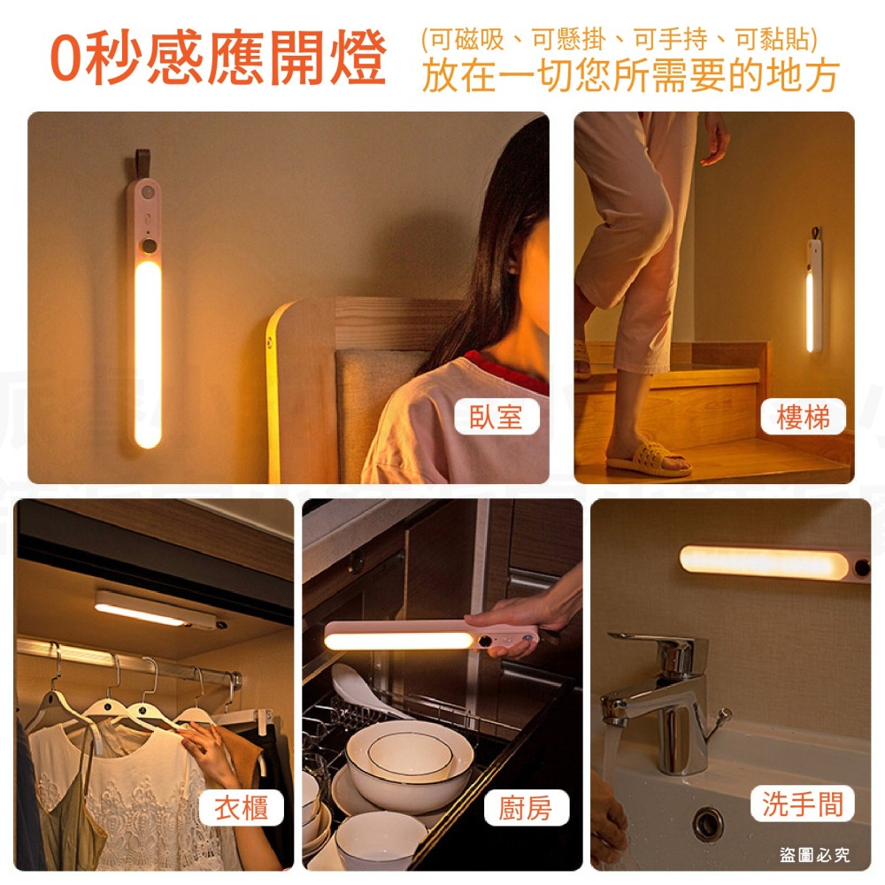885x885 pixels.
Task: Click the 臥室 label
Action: click(497, 417)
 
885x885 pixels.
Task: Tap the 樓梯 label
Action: click(803, 417)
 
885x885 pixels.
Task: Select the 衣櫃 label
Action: click(242, 807)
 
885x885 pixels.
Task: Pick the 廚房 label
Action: click(526, 807)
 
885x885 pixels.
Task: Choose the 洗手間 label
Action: click(803, 804)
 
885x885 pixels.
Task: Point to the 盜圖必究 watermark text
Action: click(814, 855)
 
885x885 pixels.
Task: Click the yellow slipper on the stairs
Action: click(649, 459)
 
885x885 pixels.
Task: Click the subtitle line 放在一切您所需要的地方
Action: click(629, 77)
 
